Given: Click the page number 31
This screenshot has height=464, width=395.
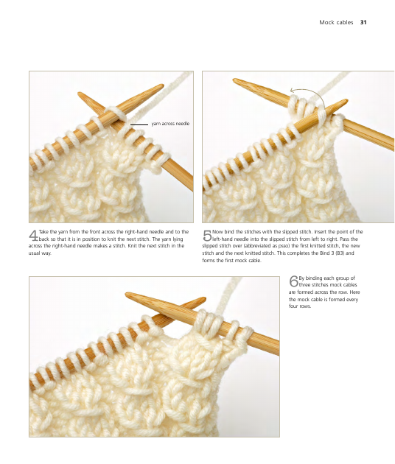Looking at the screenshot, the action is pos(363,22).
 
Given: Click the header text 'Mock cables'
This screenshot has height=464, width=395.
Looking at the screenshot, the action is pos(336,22).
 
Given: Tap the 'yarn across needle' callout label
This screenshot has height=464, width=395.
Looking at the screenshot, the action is pos(170,124).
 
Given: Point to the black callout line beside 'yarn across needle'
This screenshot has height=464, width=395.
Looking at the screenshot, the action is pos(139,124).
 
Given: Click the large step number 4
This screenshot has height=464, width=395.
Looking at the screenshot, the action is pos(33,236).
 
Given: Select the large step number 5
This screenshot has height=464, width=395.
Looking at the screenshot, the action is pos(207,236).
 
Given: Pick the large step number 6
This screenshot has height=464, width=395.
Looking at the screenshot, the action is pos(293,281).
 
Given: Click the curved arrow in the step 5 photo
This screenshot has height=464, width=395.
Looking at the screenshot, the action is pos(311,94).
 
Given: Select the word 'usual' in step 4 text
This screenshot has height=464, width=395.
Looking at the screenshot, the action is pos(34,253).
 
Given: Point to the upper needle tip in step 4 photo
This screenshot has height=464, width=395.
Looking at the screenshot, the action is pos(163,85).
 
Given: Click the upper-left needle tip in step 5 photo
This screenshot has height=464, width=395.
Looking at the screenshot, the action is pos(234,80).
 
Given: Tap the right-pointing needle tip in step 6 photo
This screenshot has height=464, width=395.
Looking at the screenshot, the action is pos(205,298).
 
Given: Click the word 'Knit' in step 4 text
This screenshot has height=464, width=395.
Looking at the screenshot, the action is pos(133,246).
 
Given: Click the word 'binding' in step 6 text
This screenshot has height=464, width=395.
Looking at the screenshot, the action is pos(314,278).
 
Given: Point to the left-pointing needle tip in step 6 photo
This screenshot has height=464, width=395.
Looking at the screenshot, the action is pos(127,294).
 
